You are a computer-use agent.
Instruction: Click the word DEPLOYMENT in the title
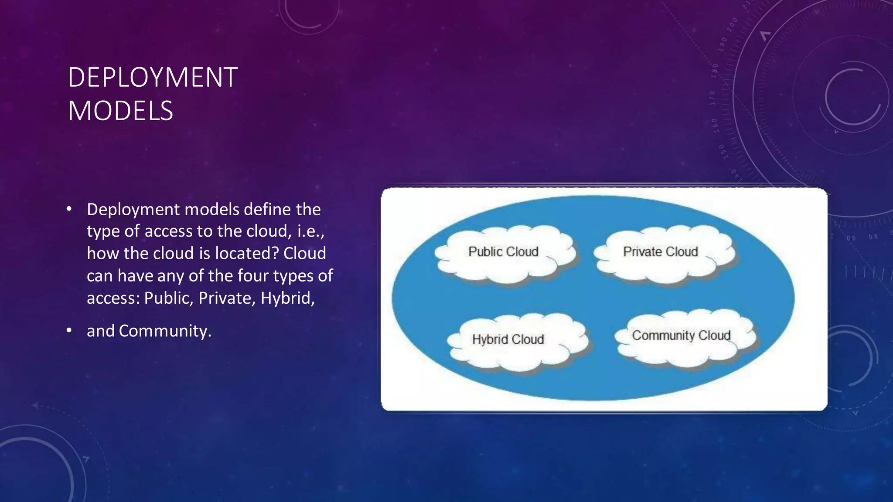pyautogui.click(x=153, y=78)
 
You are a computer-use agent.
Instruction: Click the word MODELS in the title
pyautogui.click(x=120, y=111)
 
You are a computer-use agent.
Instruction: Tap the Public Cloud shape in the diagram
pyautogui.click(x=504, y=253)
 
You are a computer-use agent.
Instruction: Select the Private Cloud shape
pyautogui.click(x=661, y=252)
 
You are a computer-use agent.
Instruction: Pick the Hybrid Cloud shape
pyautogui.click(x=508, y=340)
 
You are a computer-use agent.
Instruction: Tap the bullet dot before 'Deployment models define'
pyautogui.click(x=69, y=210)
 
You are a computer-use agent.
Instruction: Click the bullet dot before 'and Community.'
pyautogui.click(x=69, y=331)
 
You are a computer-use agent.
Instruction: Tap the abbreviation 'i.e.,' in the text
pyautogui.click(x=311, y=231)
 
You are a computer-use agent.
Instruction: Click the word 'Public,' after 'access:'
pyautogui.click(x=168, y=298)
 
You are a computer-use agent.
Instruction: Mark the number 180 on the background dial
pyautogui.click(x=715, y=71)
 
